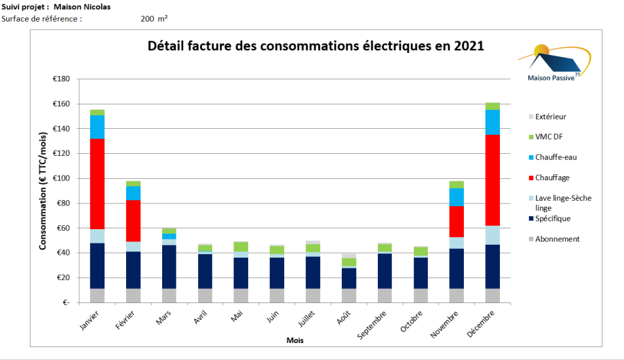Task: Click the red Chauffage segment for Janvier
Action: coord(97,184)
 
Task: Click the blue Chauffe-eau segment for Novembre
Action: coord(457,197)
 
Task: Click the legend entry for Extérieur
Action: coord(551,117)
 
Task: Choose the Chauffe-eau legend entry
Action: coord(555,157)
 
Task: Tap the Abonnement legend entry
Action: coord(557,239)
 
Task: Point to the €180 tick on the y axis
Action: coord(62,79)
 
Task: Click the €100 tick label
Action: coord(62,178)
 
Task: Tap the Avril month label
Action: coord(201,319)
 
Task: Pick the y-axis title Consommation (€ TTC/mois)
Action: coord(43,192)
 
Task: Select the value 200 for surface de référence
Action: coord(147,19)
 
